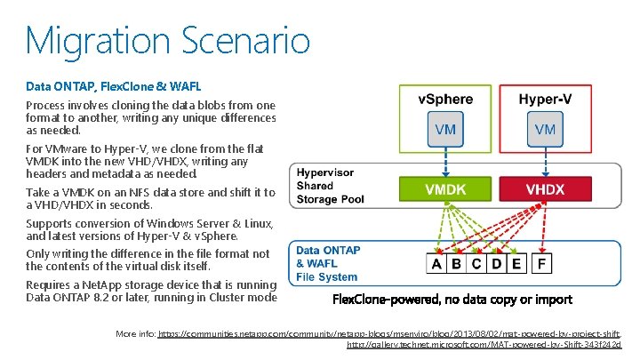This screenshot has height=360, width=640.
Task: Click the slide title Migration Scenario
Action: click(x=167, y=40)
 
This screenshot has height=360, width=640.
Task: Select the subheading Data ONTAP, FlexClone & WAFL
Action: click(x=114, y=87)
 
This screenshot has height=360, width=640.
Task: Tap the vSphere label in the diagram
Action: click(x=445, y=99)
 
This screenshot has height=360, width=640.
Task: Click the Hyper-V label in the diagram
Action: click(x=546, y=99)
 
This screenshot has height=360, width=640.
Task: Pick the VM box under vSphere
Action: click(x=445, y=130)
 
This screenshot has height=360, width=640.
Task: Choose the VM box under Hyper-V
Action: click(x=546, y=130)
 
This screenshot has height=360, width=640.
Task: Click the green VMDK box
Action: click(x=445, y=189)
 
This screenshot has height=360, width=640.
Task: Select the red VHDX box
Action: click(x=546, y=189)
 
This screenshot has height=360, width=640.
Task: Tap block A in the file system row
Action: click(x=437, y=264)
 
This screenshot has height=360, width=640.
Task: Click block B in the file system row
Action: click(x=457, y=264)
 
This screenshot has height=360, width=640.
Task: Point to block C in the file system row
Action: click(x=476, y=264)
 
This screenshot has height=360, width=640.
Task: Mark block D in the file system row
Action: click(x=496, y=264)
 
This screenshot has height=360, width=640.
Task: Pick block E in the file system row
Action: click(x=516, y=264)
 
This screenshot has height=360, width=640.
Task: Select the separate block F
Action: click(x=542, y=264)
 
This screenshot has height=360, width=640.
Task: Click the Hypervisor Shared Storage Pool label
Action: click(x=331, y=186)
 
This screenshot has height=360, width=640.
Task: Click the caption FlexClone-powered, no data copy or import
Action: click(x=452, y=300)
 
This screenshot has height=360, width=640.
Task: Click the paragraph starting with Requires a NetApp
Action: click(x=151, y=291)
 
